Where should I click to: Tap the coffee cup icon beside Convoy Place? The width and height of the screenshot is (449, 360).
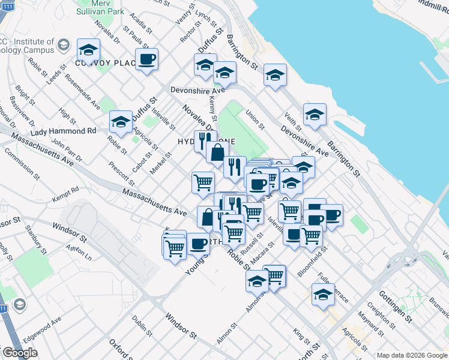tap(146, 59)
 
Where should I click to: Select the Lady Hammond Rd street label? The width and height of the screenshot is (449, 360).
tap(63, 131)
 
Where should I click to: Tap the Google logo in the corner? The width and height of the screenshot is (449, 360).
tap(20, 353)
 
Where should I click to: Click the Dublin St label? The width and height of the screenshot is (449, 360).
tap(142, 325)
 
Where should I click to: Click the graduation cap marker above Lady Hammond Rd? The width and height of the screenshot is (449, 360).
tap(121, 122)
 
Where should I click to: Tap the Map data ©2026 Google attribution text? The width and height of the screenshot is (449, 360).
tap(412, 355)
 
